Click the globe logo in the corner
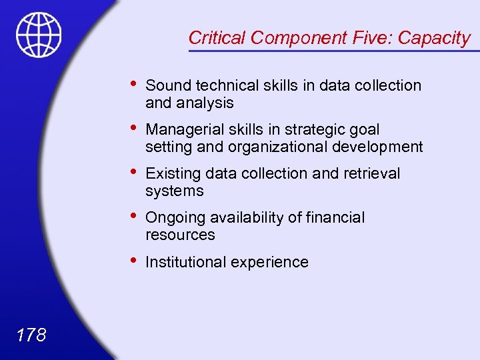click(39, 35)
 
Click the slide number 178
click(30, 334)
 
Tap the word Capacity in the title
click(434, 39)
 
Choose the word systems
click(174, 191)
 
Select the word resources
click(180, 235)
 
